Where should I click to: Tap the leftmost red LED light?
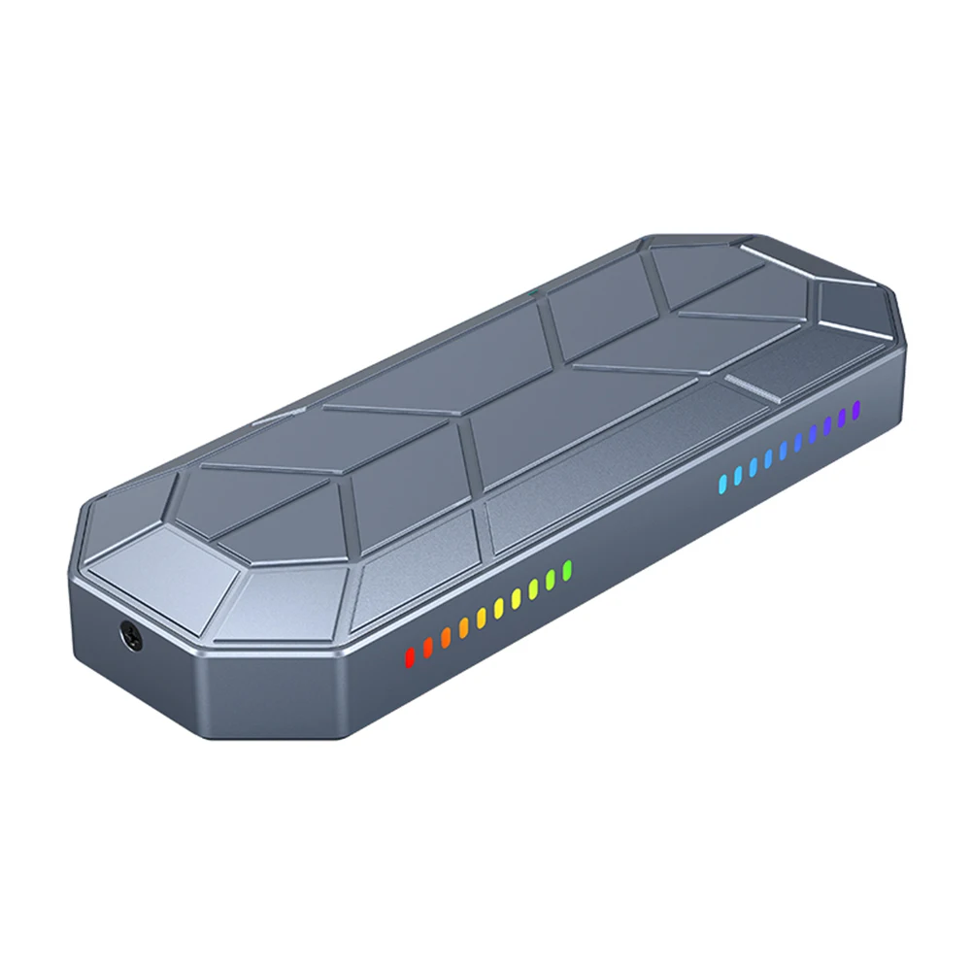(409, 657)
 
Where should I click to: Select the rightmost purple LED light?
(856, 411)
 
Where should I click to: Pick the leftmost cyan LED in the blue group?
(721, 481)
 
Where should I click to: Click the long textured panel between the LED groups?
(602, 466)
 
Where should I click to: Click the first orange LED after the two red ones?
(446, 637)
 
